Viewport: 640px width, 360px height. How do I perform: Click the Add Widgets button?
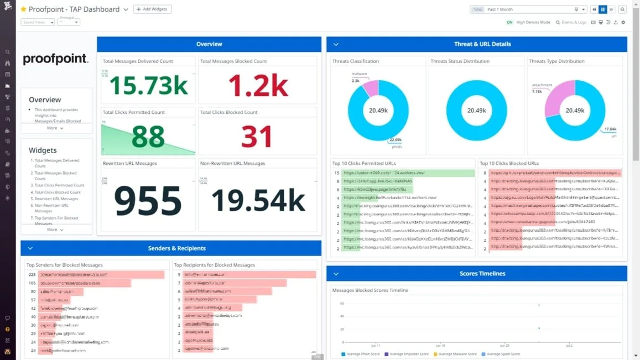(x=153, y=9)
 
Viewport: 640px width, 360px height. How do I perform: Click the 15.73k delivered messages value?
(x=148, y=86)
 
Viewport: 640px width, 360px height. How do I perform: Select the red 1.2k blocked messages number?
(x=258, y=86)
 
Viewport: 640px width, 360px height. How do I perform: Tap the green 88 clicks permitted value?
(x=148, y=137)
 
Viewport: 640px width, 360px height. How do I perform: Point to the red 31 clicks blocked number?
(x=257, y=137)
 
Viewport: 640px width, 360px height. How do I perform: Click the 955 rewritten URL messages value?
(x=148, y=200)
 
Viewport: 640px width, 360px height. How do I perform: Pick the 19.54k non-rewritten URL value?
(x=258, y=200)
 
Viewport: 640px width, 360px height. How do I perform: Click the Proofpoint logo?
(x=55, y=59)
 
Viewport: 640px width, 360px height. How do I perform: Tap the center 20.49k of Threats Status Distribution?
(x=476, y=111)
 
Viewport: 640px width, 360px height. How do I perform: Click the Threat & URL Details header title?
(x=482, y=44)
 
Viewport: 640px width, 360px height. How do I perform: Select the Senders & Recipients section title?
(x=177, y=248)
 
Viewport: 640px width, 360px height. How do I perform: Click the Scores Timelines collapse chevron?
(x=336, y=274)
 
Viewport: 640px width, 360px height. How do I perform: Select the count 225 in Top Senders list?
(x=32, y=274)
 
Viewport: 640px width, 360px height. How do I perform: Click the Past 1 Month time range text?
(x=499, y=9)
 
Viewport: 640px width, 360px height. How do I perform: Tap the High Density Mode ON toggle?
(x=509, y=22)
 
